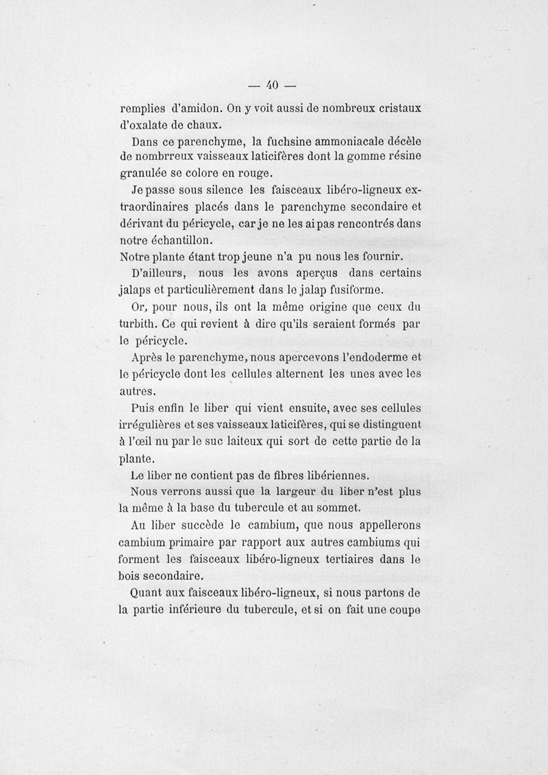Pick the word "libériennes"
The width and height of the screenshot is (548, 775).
(x=332, y=475)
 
